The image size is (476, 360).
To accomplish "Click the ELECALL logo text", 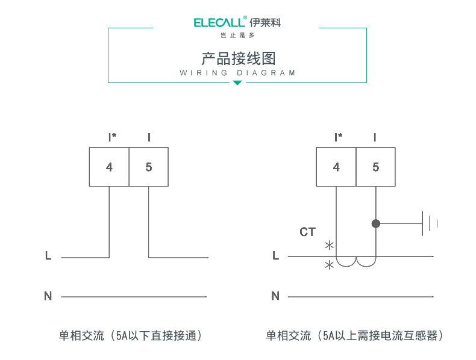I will point(220,23).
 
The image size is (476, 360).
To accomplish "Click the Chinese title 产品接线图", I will point(238,58).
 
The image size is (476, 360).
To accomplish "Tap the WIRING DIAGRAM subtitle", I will point(238,73).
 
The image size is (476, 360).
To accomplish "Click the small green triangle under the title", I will point(237,82).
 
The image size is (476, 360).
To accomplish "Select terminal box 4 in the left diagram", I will point(109,167).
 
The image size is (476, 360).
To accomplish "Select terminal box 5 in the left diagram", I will point(149,167).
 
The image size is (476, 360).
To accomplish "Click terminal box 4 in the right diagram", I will point(336,167).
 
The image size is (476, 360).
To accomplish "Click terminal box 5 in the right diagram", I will point(376,167).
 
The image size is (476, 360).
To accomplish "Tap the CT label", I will point(307,232).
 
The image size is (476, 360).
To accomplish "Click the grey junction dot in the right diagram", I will point(376,223).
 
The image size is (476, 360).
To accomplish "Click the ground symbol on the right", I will point(429,223).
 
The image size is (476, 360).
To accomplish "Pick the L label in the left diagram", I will point(48,256).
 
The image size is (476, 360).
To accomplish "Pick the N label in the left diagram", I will point(48,296).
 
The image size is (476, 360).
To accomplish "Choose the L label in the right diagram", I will point(275,256).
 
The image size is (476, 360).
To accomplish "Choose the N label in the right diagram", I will point(275,296).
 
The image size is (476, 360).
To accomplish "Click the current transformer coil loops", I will point(356,262).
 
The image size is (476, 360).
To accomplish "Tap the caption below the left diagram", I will point(130,335).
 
